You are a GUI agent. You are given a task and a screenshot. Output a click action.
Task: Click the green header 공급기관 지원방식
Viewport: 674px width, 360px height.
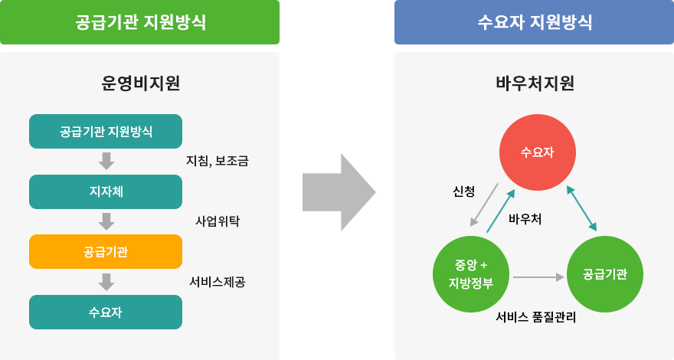pyautogui.click(x=139, y=22)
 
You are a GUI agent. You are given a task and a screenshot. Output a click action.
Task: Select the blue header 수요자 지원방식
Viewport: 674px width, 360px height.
pyautogui.click(x=534, y=22)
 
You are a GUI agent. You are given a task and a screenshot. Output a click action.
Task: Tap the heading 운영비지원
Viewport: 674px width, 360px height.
pyautogui.click(x=141, y=83)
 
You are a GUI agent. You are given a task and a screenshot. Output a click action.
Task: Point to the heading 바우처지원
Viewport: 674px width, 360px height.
pyautogui.click(x=535, y=83)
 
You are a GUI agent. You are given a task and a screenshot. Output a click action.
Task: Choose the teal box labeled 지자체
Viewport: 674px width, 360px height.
pyautogui.click(x=106, y=191)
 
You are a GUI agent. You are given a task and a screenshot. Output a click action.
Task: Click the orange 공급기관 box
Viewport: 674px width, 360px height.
pyautogui.click(x=106, y=251)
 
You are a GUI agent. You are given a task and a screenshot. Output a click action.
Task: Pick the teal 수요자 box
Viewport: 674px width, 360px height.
pyautogui.click(x=106, y=313)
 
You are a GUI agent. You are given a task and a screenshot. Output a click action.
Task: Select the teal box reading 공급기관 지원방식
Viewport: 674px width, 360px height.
pyautogui.click(x=106, y=131)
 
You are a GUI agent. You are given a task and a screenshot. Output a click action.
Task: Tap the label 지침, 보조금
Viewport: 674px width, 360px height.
pyautogui.click(x=217, y=161)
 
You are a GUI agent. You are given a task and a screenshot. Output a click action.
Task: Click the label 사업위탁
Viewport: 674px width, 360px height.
pyautogui.click(x=218, y=221)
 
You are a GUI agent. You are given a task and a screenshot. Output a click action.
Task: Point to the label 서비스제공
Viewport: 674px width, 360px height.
pyautogui.click(x=218, y=282)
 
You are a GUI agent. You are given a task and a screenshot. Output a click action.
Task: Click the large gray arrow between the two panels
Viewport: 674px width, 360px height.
pyautogui.click(x=339, y=192)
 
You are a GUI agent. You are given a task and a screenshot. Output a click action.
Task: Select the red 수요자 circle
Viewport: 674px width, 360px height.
pyautogui.click(x=538, y=152)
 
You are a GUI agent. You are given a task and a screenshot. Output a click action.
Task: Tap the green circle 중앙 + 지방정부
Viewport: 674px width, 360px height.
pyautogui.click(x=471, y=274)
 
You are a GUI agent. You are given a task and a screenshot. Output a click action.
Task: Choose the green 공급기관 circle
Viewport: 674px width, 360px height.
pyautogui.click(x=605, y=274)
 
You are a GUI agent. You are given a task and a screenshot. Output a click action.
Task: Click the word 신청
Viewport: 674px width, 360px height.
pyautogui.click(x=464, y=191)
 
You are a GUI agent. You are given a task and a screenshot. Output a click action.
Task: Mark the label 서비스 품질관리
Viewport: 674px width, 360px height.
pyautogui.click(x=535, y=317)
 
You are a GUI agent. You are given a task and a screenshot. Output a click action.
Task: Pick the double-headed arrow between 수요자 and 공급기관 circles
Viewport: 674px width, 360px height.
pyautogui.click(x=581, y=208)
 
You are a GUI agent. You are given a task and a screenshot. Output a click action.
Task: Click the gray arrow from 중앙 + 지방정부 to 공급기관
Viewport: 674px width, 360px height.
pyautogui.click(x=538, y=277)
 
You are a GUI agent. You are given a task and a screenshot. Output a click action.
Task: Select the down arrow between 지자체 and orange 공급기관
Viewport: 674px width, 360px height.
pyautogui.click(x=106, y=221)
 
